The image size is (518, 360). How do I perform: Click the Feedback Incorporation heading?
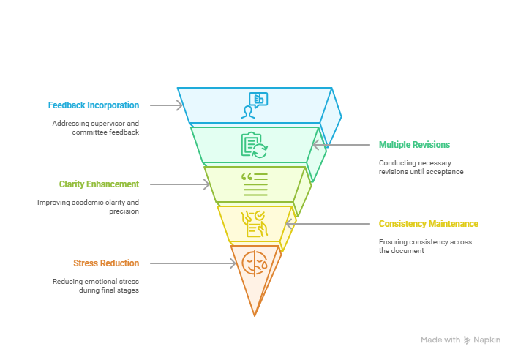[94, 105]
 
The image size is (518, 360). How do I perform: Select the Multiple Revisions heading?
[414, 145]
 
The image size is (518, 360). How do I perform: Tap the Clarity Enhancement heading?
[99, 184]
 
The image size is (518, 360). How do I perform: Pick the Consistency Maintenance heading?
[429, 224]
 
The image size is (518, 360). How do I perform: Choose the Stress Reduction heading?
[106, 263]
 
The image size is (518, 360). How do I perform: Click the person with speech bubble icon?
[255, 105]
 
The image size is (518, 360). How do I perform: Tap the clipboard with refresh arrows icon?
[255, 145]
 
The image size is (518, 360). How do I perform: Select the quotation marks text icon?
[255, 184]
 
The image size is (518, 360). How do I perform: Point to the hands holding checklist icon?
[255, 224]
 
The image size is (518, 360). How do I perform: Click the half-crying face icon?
[255, 263]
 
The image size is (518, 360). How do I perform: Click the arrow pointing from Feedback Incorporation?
[166, 105]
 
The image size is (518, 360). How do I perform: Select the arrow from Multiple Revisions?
[341, 145]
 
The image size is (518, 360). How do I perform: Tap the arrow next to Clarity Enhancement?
[180, 184]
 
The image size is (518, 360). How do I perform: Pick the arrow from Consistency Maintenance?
[328, 224]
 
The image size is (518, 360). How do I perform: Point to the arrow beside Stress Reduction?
[193, 263]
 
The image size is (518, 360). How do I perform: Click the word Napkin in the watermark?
[487, 340]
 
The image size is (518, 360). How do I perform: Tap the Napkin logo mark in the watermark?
[467, 340]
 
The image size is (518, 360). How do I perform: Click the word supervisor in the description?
[108, 124]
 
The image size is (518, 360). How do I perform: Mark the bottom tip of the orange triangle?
[255, 316]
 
